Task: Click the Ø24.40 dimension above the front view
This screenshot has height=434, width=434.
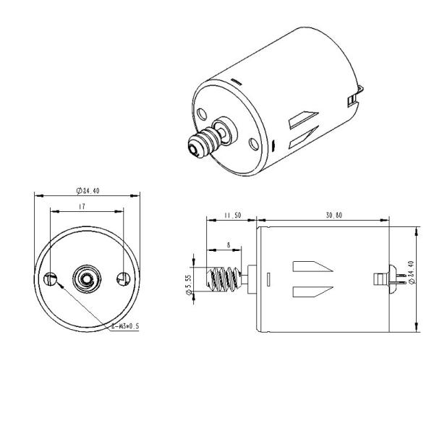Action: click(x=88, y=191)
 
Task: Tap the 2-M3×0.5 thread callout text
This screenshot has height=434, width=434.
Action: click(x=124, y=326)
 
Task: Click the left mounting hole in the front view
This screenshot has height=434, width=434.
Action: click(x=51, y=279)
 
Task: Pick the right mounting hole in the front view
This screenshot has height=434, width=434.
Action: click(x=123, y=278)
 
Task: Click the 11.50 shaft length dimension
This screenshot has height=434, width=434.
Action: click(x=231, y=215)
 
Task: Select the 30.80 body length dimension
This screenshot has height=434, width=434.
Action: click(x=333, y=215)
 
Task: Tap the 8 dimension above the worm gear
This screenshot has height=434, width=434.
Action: click(x=229, y=245)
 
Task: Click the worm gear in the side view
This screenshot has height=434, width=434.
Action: click(x=224, y=278)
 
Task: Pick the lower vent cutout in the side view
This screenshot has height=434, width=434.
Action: click(x=311, y=292)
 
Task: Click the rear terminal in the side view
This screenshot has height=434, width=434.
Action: click(x=383, y=278)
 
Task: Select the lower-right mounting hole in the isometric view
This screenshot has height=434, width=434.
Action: click(x=252, y=143)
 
